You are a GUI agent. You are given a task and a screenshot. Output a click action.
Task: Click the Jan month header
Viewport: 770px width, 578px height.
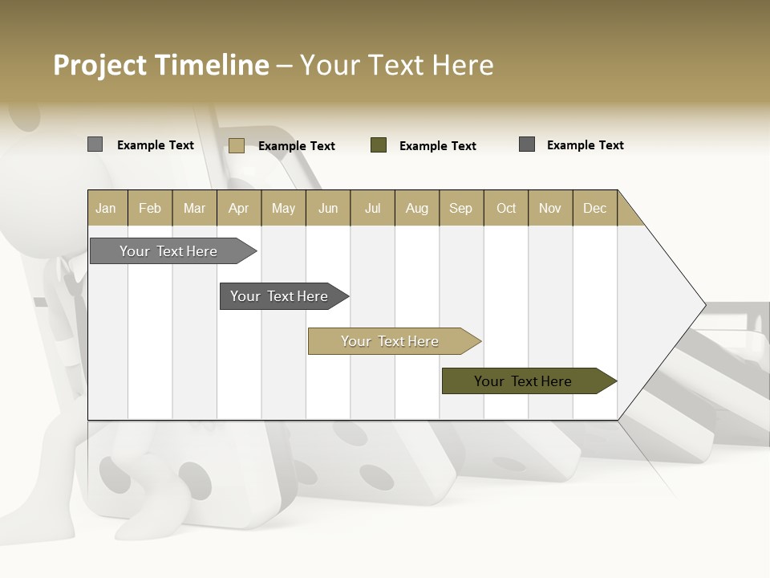click(x=107, y=208)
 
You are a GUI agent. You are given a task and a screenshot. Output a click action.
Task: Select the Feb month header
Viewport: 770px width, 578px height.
click(x=150, y=208)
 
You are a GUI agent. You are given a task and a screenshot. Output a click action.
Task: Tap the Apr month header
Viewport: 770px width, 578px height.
click(x=239, y=208)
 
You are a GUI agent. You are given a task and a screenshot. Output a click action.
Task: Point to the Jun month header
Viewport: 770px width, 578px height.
click(x=328, y=208)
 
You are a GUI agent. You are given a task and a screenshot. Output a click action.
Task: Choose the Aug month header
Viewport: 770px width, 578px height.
click(x=417, y=208)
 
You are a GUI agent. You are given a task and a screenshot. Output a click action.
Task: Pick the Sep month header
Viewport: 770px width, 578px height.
click(x=461, y=208)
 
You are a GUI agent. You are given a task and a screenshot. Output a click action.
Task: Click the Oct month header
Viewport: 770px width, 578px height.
click(x=506, y=208)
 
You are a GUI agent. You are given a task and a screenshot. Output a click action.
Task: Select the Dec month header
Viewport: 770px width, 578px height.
click(x=595, y=208)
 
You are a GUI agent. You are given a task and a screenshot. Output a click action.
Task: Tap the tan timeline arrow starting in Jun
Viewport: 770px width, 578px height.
click(x=391, y=341)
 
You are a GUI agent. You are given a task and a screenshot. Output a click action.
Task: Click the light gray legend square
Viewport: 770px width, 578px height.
click(x=95, y=144)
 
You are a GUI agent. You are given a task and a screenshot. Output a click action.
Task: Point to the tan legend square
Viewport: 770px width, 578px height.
click(x=236, y=145)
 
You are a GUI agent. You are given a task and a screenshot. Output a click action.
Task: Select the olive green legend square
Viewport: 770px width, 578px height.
click(x=379, y=145)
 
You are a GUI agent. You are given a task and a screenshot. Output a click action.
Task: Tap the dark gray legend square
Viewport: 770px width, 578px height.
click(x=527, y=144)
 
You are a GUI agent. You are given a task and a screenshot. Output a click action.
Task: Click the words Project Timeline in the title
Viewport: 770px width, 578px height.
click(x=161, y=65)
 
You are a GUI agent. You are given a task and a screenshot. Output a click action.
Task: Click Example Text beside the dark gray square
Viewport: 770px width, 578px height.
click(x=586, y=145)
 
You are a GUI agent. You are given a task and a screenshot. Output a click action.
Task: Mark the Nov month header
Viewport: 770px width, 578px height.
click(x=550, y=208)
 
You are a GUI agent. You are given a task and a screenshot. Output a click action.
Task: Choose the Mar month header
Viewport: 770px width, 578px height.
click(x=195, y=208)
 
